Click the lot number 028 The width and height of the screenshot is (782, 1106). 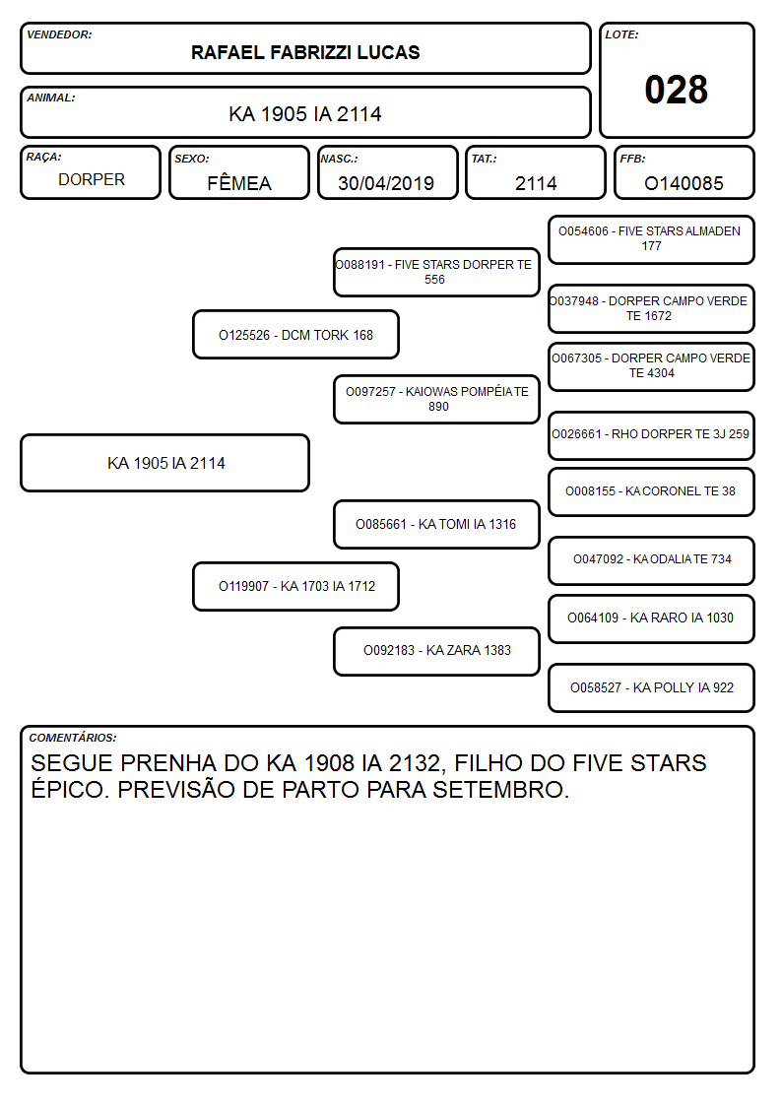pos(676,90)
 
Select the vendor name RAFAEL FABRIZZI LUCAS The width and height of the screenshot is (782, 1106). pos(305,52)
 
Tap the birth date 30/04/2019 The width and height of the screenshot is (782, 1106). pos(386,183)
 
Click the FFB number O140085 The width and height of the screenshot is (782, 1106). pos(684,183)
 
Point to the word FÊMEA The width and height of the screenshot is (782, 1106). pos(239,182)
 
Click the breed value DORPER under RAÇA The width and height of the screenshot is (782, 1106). pos(91,180)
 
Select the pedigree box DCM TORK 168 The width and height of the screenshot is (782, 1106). pos(295,334)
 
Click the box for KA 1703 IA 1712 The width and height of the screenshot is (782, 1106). pos(295,586)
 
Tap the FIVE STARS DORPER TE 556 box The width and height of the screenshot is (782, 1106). pos(436,272)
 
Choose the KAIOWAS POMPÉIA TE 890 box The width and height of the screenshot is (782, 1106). pos(436,399)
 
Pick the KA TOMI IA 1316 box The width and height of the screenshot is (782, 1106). pos(436,524)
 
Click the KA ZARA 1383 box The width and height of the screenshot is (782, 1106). pos(436,651)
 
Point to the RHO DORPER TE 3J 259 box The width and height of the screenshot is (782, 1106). pos(651,435)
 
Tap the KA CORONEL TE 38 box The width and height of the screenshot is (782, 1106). pos(651,491)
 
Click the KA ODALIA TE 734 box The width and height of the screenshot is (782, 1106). pos(651,560)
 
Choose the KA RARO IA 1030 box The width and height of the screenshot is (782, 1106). pos(651,618)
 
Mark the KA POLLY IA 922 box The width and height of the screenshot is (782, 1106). pos(651,687)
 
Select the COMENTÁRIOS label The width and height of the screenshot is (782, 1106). pos(73,738)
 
